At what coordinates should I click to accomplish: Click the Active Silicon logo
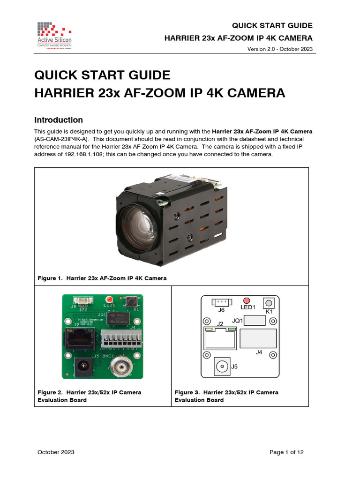coord(54,34)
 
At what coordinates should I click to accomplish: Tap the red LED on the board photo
coord(110,299)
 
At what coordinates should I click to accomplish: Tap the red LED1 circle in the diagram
coord(247,300)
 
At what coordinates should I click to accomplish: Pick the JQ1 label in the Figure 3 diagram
coord(238,321)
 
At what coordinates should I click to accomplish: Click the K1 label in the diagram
coord(269,311)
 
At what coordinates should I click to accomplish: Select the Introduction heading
coord(59,120)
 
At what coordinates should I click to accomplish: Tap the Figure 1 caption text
coord(102,278)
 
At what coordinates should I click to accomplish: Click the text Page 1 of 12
coord(286,452)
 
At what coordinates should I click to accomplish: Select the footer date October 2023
coord(56,452)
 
